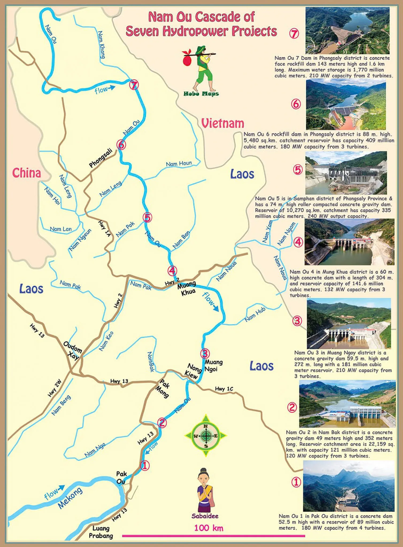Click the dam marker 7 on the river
point(134,85)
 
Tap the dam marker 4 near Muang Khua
point(172,271)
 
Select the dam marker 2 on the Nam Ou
point(162,423)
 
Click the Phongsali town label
point(101,158)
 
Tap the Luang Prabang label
point(101,532)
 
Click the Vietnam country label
point(222,123)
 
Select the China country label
point(26,173)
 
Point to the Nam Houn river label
point(179,163)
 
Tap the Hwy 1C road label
point(224,389)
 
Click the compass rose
point(206,436)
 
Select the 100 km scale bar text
point(209,528)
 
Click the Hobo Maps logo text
point(201,93)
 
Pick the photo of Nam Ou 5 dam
point(346,173)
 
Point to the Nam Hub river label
point(255,314)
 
